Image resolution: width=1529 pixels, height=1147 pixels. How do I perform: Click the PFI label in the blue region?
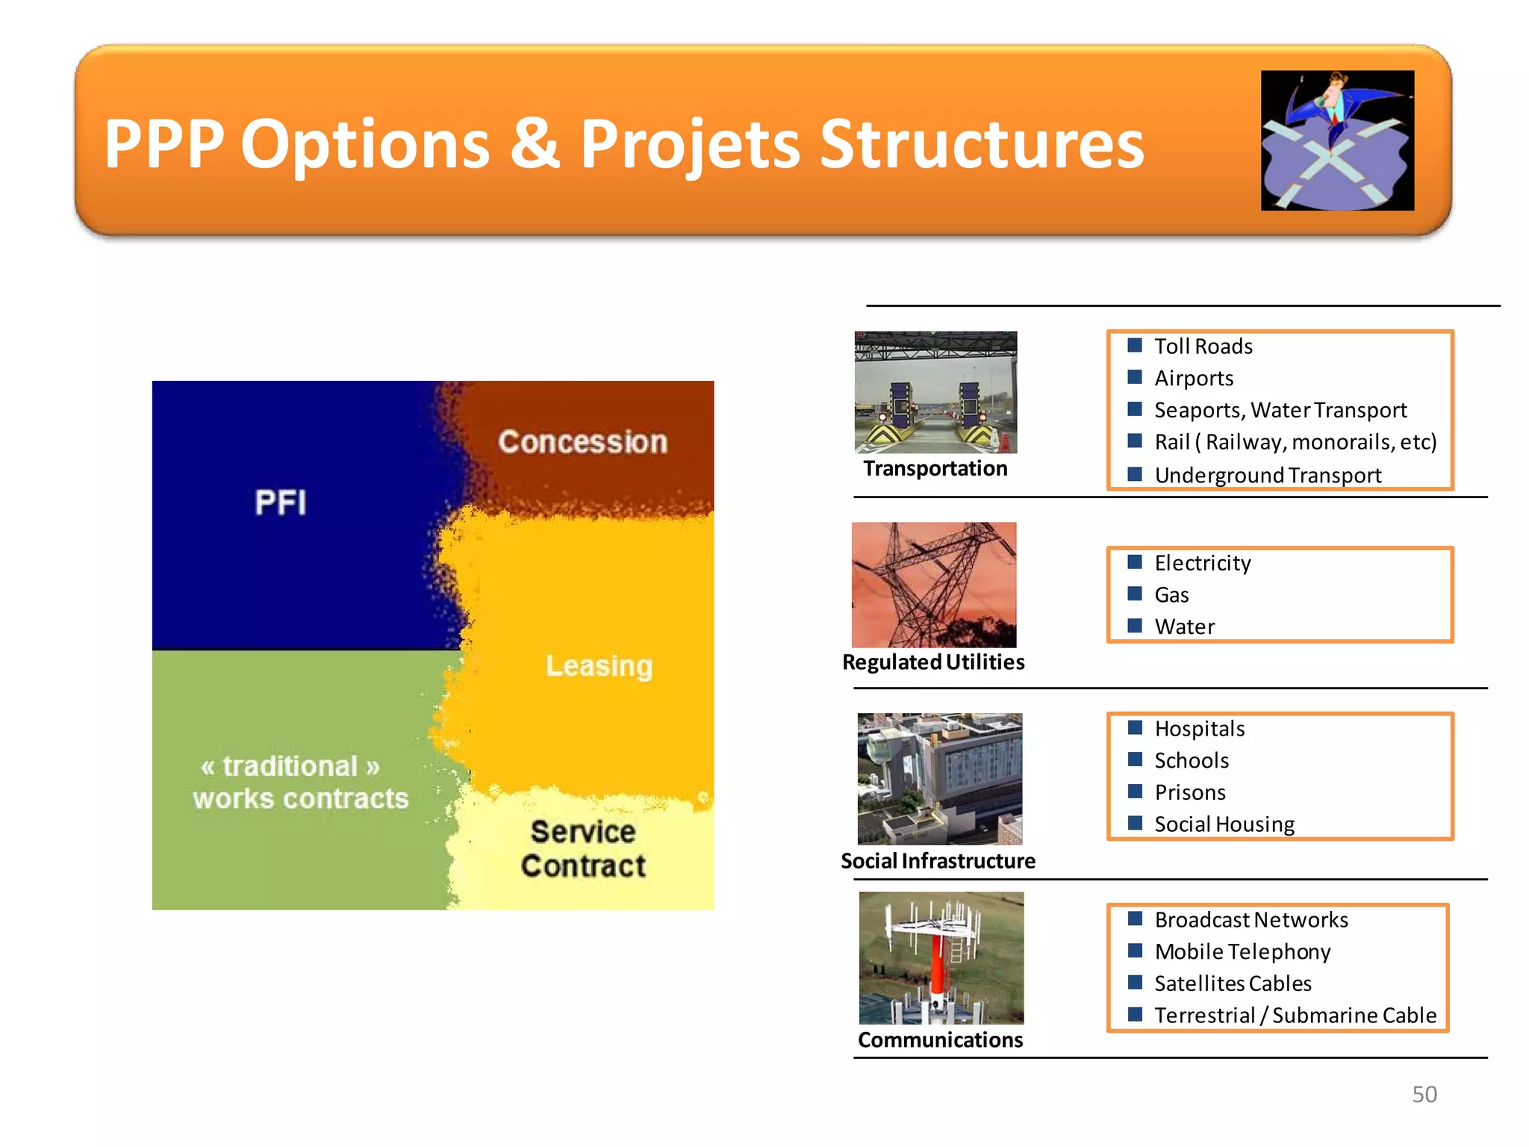tap(280, 503)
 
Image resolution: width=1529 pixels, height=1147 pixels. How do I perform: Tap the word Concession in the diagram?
tap(582, 442)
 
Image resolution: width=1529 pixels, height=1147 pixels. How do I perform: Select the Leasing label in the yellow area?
tap(599, 665)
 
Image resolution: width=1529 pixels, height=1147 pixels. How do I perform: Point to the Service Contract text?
tap(583, 849)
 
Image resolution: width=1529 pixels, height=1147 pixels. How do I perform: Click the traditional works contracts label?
tap(300, 783)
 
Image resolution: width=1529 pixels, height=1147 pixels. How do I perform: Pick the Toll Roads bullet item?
tap(1203, 346)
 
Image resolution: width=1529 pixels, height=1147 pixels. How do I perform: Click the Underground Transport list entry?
tap(1267, 475)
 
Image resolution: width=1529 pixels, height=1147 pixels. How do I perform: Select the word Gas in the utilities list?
tap(1171, 595)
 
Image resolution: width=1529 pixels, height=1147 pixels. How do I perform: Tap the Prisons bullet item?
tap(1189, 792)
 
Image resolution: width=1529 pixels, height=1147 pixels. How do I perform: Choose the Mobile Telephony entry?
tap(1242, 951)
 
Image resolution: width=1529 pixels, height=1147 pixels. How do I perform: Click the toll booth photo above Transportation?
tap(935, 393)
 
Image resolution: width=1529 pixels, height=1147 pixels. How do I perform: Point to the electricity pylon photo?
tap(934, 585)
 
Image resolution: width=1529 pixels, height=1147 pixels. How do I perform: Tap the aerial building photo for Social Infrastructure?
tap(939, 779)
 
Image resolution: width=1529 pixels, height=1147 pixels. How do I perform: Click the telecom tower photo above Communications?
tap(941, 958)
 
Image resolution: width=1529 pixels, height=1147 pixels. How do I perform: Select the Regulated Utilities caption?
tap(933, 662)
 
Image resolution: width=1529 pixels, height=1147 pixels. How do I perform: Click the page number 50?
tap(1424, 1094)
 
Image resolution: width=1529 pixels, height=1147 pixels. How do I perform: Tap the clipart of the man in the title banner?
tap(1337, 140)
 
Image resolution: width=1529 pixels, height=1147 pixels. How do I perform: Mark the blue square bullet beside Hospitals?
tap(1135, 727)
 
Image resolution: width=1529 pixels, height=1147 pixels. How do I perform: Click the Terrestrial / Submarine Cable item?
tap(1295, 1016)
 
